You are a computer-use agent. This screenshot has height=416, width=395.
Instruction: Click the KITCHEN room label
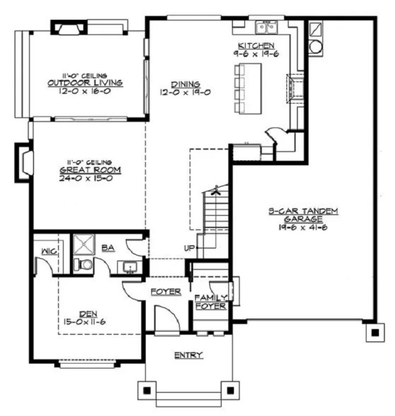pos(256,46)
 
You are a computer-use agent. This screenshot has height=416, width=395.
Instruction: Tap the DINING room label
pos(185,84)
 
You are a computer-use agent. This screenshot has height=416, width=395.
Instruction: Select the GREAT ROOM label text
pos(90,170)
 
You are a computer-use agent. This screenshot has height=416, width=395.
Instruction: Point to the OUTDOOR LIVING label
pos(85,83)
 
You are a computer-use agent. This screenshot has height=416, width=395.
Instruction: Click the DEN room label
pos(88,314)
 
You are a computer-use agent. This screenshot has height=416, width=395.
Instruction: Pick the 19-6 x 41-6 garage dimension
pos(303,227)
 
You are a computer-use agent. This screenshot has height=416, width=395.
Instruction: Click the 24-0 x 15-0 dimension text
pos(86,178)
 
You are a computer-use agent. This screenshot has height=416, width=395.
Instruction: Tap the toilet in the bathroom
pos(83,264)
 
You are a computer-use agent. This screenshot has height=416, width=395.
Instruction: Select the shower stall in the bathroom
pos(84,244)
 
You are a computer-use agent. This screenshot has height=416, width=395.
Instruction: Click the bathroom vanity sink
pos(130,267)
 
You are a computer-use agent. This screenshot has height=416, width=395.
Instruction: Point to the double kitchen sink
pos(267,27)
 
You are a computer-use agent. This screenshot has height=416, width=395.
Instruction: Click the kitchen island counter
pos(250,88)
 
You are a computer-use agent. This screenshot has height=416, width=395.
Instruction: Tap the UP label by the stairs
pos(189,248)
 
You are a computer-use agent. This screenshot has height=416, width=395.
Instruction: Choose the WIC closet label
pos(49,251)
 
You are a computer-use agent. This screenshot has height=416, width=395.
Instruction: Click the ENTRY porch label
pos(189,355)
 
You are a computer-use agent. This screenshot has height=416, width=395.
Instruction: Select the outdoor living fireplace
pos(69,28)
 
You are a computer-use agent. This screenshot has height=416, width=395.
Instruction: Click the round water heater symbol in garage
pos(316,47)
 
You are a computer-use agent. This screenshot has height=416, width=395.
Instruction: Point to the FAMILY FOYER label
pos(211,302)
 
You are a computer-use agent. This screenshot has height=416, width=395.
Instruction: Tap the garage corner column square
pos(375,332)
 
